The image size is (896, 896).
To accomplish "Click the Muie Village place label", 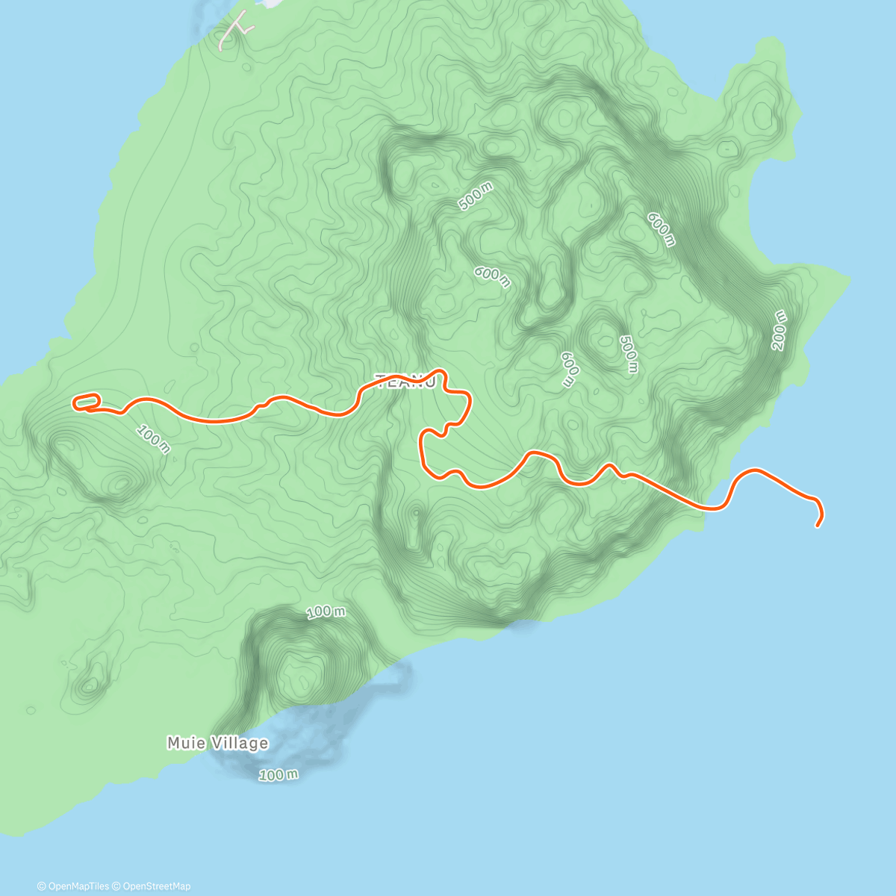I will [x=217, y=743].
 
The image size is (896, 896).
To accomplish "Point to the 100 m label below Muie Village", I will [x=279, y=775].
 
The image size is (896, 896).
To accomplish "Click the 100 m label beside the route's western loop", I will [x=154, y=439].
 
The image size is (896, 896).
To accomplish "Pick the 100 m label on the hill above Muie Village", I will [x=326, y=612].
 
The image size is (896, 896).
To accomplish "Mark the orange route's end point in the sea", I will [x=818, y=526].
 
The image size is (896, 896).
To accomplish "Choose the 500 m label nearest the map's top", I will [x=476, y=197].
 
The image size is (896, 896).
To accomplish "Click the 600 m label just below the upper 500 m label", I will [x=492, y=276].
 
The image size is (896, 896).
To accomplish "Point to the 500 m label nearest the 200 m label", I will [x=629, y=354].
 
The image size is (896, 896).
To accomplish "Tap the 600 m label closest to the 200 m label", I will [x=661, y=228].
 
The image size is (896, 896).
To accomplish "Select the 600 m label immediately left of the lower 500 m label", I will [x=570, y=370].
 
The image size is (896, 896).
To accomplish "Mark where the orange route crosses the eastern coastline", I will [x=705, y=508].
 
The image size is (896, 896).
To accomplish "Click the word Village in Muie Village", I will [x=237, y=743].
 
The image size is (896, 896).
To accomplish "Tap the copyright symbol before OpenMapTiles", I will [x=41, y=886].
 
